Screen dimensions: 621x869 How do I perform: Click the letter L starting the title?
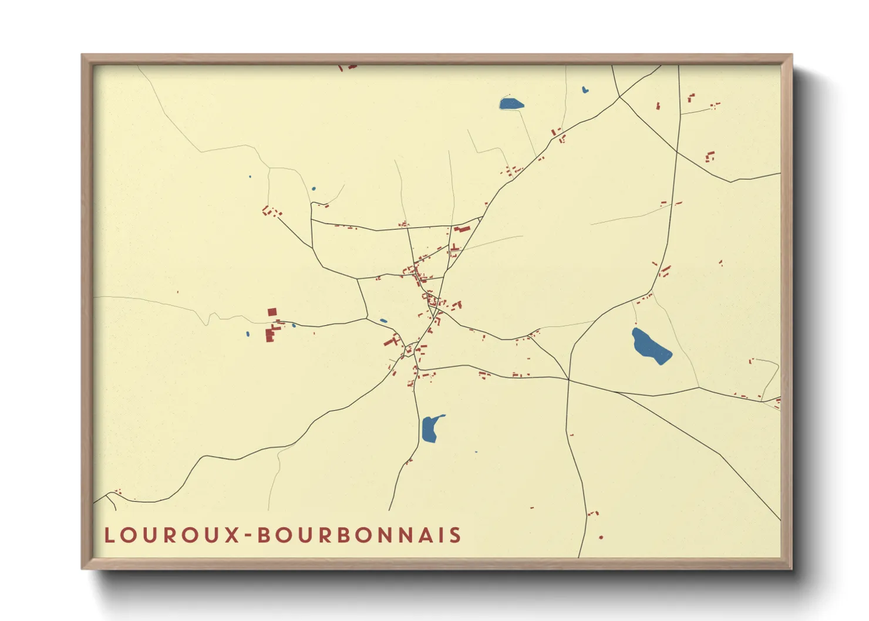(109, 535)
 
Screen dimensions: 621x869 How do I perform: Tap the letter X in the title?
(233, 535)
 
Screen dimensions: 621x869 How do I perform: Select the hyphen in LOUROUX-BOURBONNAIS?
(249, 535)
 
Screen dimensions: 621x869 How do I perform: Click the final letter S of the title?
(455, 535)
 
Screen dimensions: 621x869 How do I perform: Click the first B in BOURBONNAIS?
(264, 535)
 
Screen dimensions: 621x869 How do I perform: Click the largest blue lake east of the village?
(650, 346)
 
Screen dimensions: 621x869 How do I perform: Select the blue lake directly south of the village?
(430, 428)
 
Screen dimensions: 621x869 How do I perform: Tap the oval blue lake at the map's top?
(511, 104)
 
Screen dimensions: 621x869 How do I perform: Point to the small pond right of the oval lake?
(585, 90)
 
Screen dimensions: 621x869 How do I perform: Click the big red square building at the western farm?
(272, 312)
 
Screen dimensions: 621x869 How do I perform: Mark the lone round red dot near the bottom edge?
(601, 537)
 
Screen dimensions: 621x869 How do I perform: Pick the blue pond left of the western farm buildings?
(248, 334)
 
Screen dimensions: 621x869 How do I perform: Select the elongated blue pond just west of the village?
(383, 321)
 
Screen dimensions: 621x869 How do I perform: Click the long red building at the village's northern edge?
(462, 229)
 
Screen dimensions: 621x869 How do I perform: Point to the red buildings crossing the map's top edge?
(348, 67)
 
